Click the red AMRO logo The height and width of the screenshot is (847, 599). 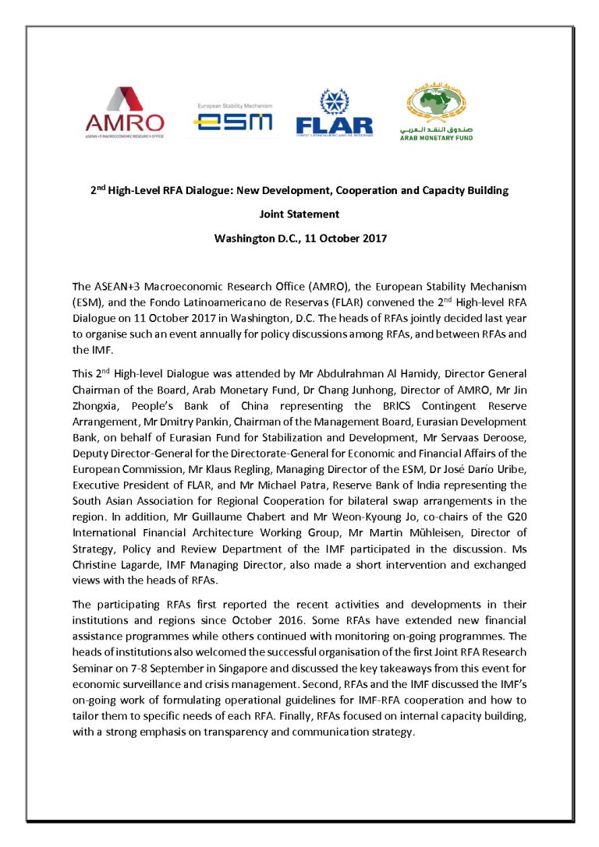pos(125,111)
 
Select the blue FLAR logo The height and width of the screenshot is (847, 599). pos(334,114)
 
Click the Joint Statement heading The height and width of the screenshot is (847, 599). pos(299,215)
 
